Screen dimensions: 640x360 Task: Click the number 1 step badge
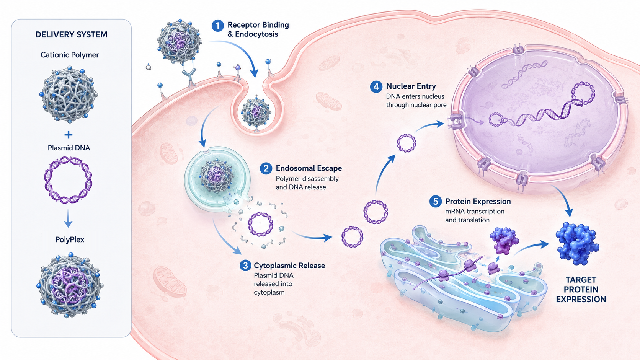click(218, 26)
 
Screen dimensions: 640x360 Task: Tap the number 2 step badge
click(266, 168)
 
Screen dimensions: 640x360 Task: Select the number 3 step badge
click(245, 266)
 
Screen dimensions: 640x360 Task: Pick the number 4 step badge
click(376, 86)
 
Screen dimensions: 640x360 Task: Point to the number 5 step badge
click(436, 202)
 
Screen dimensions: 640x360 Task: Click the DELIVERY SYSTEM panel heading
click(72, 34)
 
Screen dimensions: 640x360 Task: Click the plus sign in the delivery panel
click(68, 135)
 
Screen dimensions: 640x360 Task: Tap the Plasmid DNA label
click(69, 148)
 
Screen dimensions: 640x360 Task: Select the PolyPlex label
click(70, 239)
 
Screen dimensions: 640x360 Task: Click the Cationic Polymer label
click(70, 55)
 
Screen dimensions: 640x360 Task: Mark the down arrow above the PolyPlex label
click(68, 218)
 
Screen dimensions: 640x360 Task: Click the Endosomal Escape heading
click(309, 168)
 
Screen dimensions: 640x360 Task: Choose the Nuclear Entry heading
click(411, 86)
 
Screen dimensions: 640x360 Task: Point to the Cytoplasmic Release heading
click(289, 266)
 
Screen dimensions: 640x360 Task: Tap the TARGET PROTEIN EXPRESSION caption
click(581, 290)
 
